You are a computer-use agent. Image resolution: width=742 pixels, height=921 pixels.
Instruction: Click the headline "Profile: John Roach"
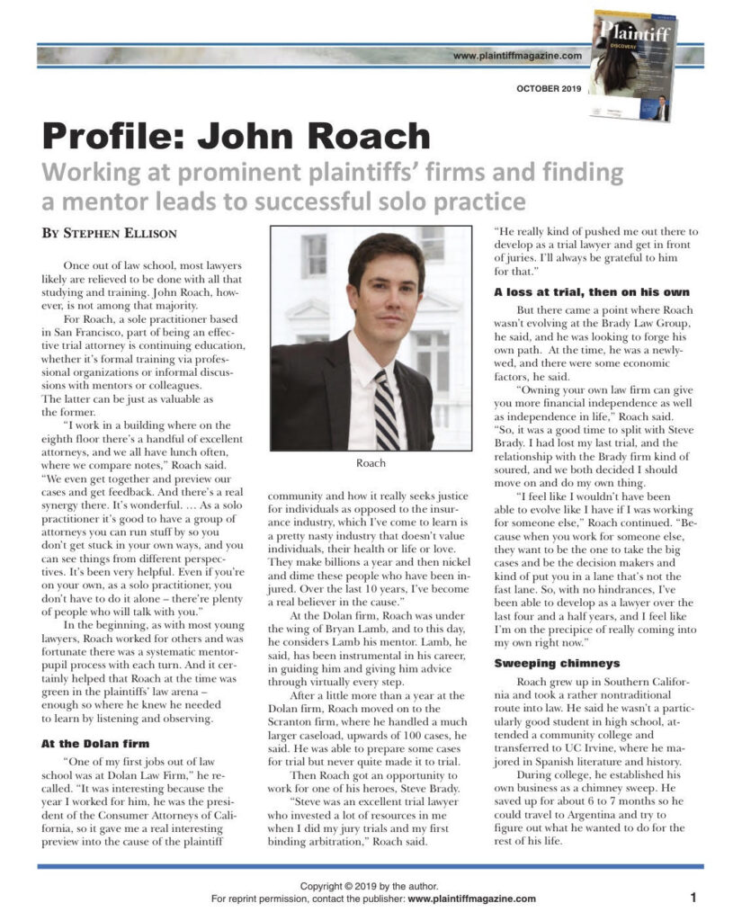click(237, 136)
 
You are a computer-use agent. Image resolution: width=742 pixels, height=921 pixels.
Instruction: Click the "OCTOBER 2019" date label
click(549, 88)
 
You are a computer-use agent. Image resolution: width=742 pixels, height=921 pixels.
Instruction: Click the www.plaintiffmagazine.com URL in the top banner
click(517, 56)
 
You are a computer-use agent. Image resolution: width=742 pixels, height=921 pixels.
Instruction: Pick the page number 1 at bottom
click(693, 897)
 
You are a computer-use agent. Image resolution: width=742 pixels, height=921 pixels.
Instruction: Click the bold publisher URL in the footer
click(471, 899)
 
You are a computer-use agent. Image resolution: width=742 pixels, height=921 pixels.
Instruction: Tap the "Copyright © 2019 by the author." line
click(371, 886)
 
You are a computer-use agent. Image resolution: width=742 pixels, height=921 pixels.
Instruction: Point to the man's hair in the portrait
click(386, 252)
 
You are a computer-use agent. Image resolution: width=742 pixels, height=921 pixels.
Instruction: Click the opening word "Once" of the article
click(80, 266)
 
